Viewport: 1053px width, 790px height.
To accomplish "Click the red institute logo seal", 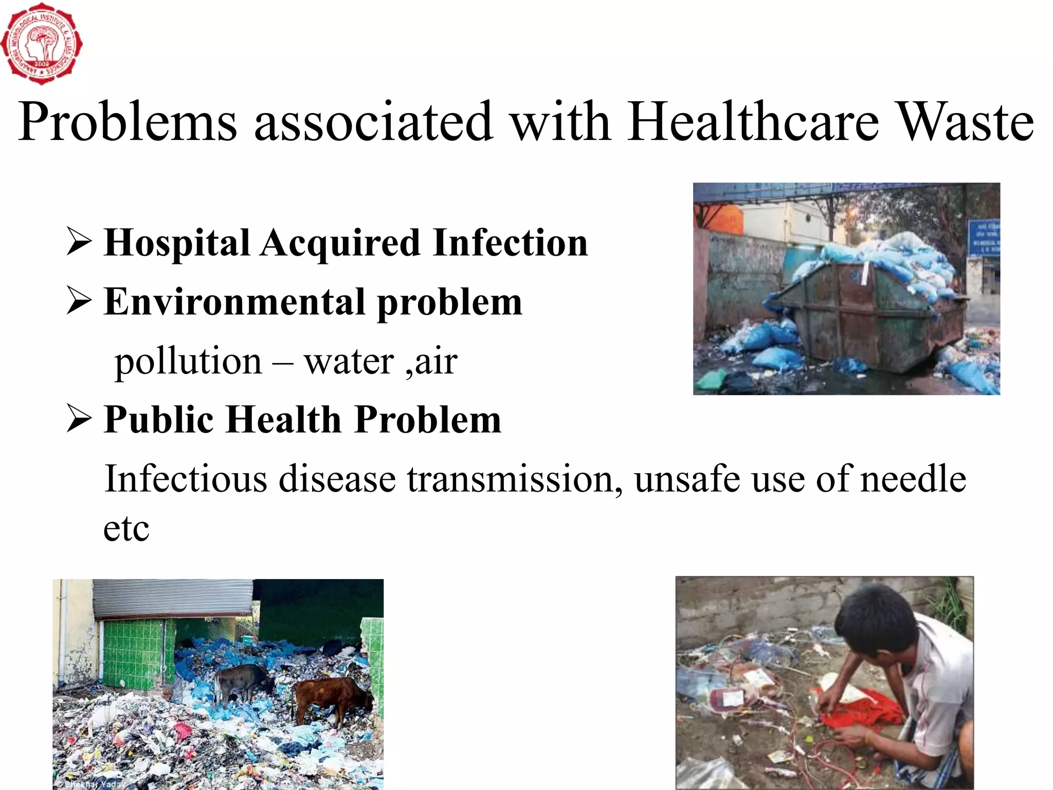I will (x=41, y=44).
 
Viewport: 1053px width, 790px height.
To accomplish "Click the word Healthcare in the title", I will (x=753, y=122).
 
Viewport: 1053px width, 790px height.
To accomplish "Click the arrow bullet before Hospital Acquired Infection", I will (x=79, y=242).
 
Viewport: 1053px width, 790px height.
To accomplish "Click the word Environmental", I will (x=234, y=302).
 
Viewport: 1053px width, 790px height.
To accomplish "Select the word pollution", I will (x=188, y=362).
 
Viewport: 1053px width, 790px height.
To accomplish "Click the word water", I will (x=349, y=362).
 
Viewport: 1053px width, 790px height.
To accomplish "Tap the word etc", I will (x=126, y=529).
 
